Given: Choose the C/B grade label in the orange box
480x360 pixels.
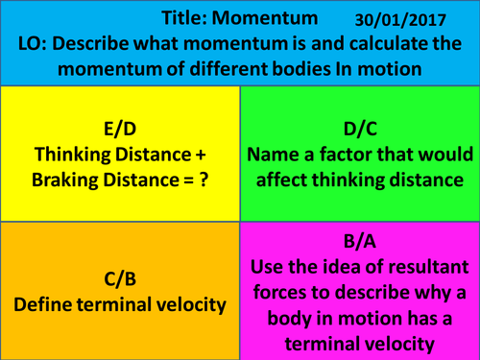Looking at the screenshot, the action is point(120,279).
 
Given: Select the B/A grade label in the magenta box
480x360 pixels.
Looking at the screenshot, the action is point(360,245).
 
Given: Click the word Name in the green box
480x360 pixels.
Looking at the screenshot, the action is point(276,155).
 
